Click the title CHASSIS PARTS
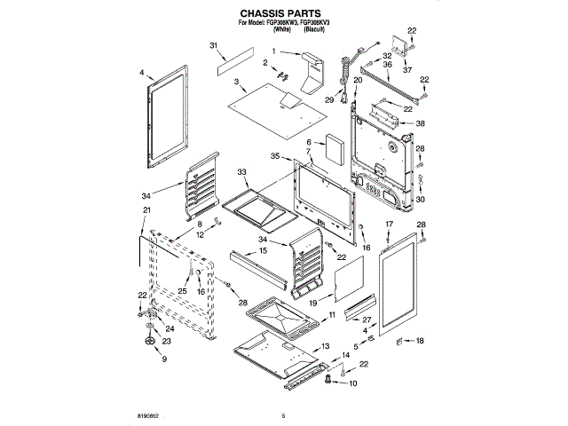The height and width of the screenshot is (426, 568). [x=283, y=15]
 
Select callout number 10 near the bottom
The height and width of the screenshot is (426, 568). [x=352, y=384]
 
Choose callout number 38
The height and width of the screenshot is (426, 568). [x=421, y=123]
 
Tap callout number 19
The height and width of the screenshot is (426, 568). [x=312, y=303]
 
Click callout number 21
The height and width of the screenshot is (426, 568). [x=144, y=209]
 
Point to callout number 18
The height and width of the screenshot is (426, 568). [x=421, y=341]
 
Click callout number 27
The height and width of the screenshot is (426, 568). [x=367, y=319]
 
